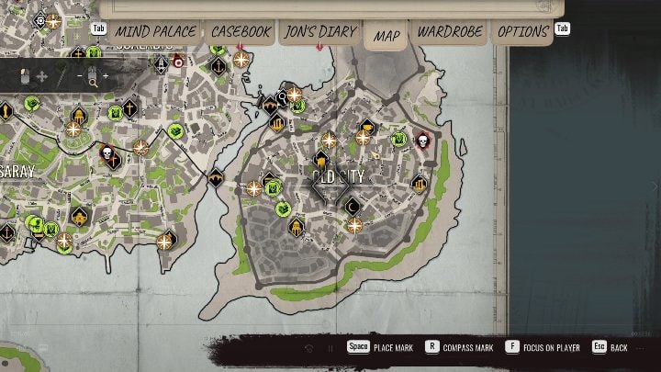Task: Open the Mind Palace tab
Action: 154,31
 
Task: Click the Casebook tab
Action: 241,31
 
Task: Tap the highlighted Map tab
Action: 387,36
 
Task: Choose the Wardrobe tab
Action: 450,31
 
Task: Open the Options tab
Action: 522,31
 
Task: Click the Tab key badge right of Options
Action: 563,28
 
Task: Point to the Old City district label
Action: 338,176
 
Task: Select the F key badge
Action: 511,348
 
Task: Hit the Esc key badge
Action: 599,348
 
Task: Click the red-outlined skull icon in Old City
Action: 423,141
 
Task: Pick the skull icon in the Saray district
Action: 108,155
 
